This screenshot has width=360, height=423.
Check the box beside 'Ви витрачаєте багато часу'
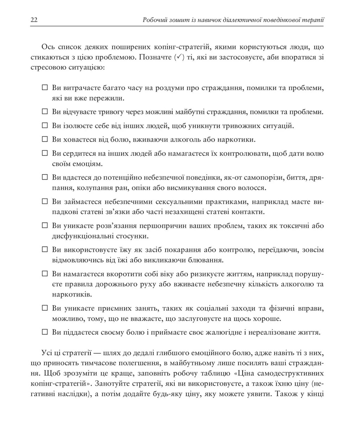tap(45, 88)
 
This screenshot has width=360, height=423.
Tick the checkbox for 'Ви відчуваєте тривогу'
tap(45, 112)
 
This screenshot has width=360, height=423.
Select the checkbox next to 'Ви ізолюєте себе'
tap(45, 126)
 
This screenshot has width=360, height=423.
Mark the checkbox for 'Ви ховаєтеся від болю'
tap(45, 139)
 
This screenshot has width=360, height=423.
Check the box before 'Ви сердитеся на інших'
tap(45, 153)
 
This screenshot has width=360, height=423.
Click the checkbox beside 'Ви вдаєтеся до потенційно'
tap(45, 178)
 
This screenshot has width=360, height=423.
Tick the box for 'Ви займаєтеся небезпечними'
tap(45, 202)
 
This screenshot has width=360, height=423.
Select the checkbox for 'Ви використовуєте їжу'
tap(45, 250)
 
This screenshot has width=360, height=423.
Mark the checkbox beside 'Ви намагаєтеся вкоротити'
tap(45, 274)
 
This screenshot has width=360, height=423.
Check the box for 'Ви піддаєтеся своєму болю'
tap(45, 332)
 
